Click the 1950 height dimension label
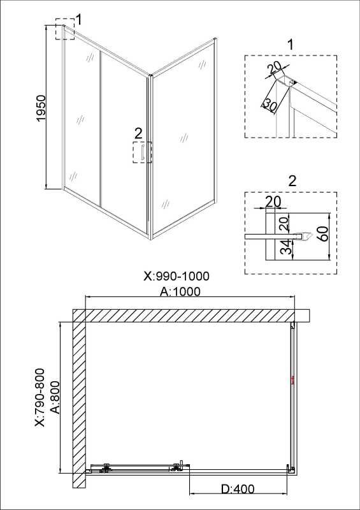[41, 108]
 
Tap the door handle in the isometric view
[142, 153]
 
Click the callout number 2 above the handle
[138, 133]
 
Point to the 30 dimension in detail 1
[270, 105]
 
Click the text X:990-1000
[176, 277]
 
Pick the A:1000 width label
[180, 291]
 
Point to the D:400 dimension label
[238, 488]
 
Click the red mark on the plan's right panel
[293, 381]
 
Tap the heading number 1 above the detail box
[291, 45]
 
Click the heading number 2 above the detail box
[292, 181]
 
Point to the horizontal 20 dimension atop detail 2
[273, 201]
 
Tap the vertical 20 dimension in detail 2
[284, 224]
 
